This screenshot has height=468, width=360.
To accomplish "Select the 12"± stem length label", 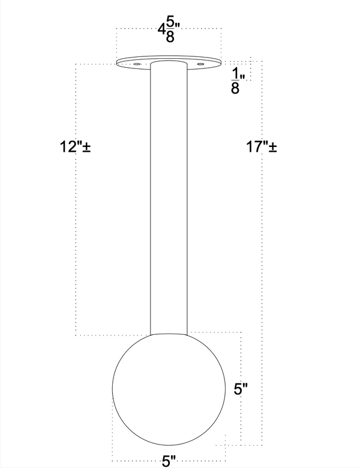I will click(75, 147).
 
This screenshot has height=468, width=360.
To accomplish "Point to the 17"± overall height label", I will click(262, 147).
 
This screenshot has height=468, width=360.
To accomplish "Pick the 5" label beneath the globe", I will click(169, 461).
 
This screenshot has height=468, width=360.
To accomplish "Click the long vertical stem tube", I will click(169, 198).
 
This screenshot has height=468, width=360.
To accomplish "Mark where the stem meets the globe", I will click(169, 333).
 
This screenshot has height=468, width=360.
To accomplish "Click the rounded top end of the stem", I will click(169, 62).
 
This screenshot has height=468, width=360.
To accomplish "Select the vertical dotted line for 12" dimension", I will click(74, 240).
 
